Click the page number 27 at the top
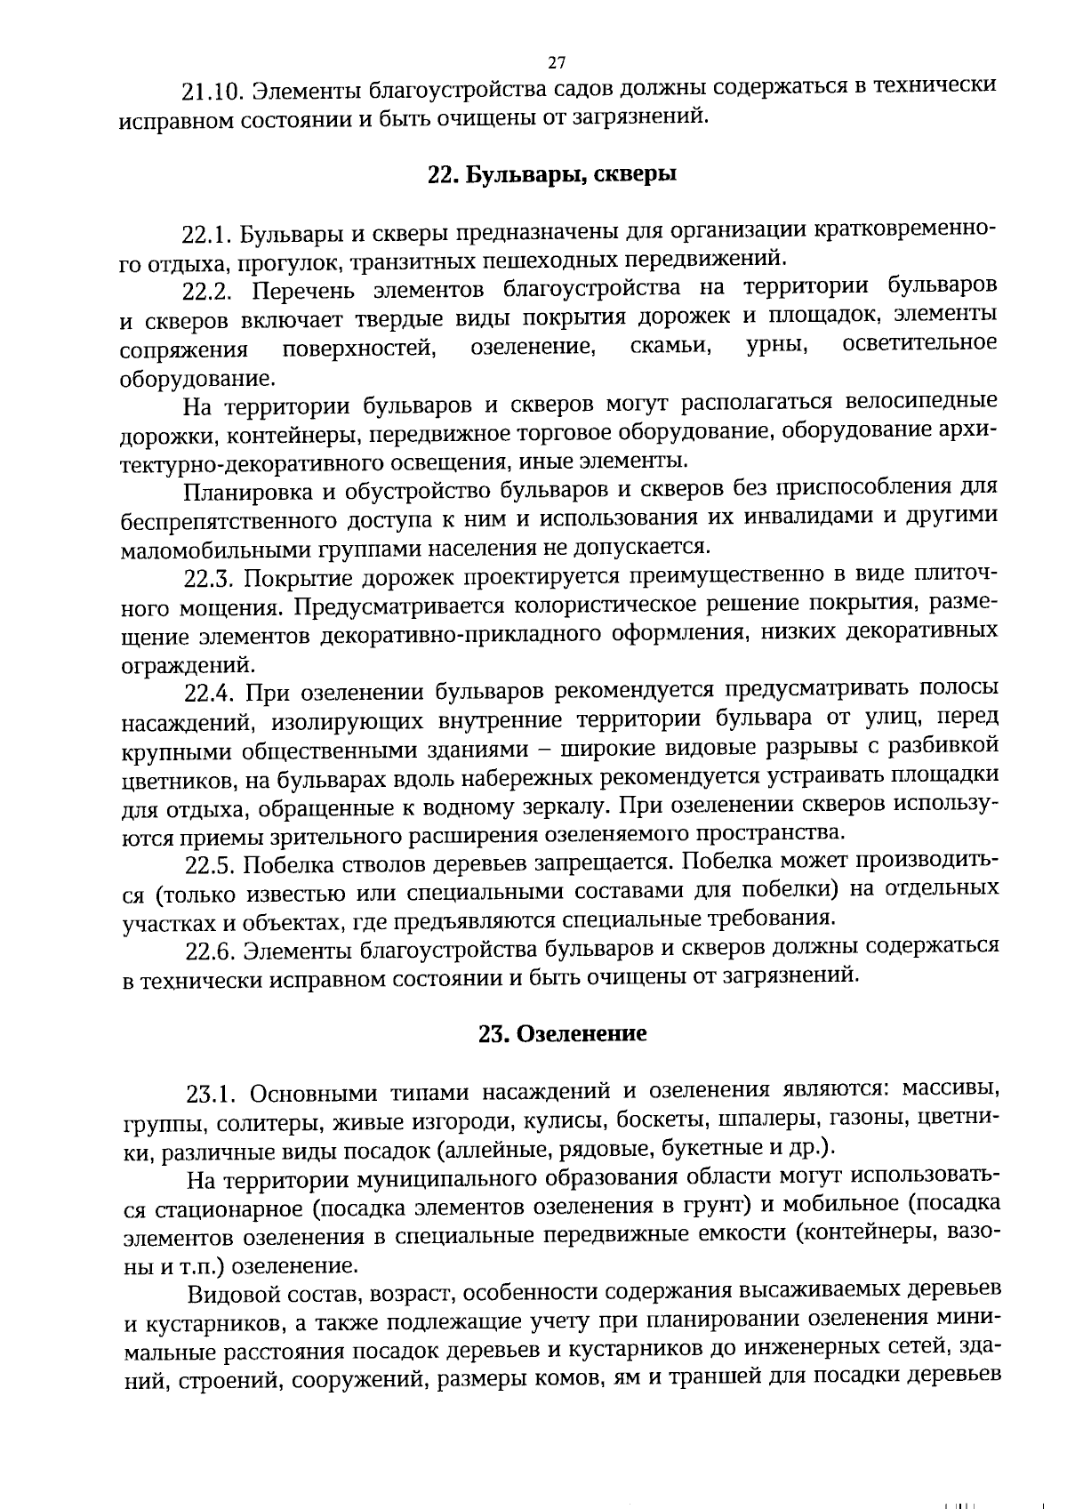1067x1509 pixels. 557,62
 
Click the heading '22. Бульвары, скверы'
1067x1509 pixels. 552,174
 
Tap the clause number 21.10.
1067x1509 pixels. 212,92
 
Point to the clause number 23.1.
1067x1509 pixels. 212,1093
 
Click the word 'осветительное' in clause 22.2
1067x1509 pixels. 919,344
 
